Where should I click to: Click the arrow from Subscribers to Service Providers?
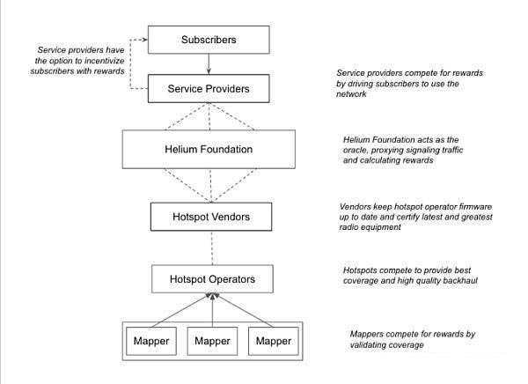click(x=209, y=63)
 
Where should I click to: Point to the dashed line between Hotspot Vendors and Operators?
click(x=212, y=247)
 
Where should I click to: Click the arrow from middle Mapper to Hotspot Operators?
click(x=212, y=310)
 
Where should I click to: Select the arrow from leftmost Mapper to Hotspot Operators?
click(x=180, y=310)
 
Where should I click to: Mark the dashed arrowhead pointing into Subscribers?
click(x=145, y=40)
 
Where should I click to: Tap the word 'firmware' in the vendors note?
click(x=475, y=206)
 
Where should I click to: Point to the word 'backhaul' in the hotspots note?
click(x=460, y=280)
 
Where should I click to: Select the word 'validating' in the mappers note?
click(x=367, y=345)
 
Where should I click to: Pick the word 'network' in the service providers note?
click(x=351, y=94)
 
